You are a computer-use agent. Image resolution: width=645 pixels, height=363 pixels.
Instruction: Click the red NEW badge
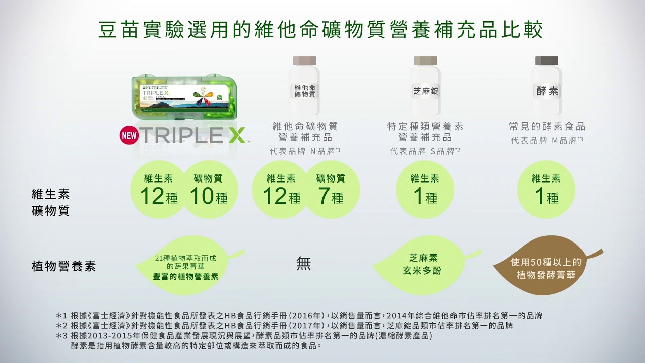(128, 136)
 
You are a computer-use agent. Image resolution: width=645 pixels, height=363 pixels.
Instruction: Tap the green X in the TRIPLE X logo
(234, 135)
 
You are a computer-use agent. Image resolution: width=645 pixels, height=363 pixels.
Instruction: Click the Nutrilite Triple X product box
(184, 98)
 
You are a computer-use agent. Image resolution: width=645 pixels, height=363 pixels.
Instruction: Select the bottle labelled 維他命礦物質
(305, 86)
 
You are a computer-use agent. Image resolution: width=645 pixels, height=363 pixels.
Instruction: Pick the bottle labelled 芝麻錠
(426, 86)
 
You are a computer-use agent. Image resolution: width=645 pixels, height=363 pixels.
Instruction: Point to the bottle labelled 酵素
(547, 86)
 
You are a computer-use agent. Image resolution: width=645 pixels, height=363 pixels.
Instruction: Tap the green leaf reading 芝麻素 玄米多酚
(423, 265)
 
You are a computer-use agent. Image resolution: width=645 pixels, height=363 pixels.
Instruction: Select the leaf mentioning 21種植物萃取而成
(187, 266)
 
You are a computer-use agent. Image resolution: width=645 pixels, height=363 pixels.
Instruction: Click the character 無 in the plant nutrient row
(304, 264)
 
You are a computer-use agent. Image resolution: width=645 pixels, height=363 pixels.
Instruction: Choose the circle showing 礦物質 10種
(210, 190)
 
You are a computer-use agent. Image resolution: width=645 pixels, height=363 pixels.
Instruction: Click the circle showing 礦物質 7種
(331, 190)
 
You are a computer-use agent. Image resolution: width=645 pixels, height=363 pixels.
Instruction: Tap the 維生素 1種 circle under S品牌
(425, 190)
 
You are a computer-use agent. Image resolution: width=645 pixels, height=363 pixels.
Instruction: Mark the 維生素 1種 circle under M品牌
(546, 190)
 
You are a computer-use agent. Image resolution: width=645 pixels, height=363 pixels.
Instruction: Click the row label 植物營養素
(63, 266)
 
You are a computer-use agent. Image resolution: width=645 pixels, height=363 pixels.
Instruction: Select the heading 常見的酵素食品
(547, 126)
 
